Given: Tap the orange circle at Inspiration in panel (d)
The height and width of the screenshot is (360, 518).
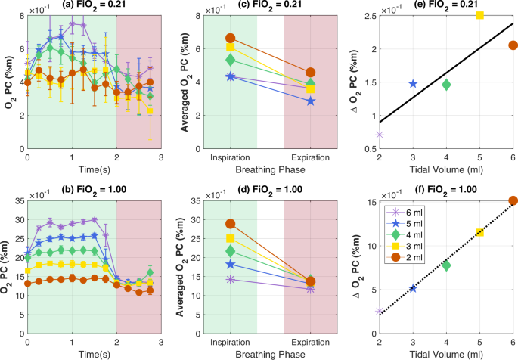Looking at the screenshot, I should (x=231, y=224).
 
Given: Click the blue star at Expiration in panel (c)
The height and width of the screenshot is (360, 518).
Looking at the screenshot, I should (x=310, y=101).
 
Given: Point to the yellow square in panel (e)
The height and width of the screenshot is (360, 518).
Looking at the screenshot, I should (x=479, y=15).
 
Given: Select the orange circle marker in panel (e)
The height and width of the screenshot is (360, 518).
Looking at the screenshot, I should (x=513, y=45).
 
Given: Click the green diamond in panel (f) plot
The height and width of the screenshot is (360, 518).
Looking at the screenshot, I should (x=446, y=265).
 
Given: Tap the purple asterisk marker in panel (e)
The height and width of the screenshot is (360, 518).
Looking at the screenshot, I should (x=380, y=135).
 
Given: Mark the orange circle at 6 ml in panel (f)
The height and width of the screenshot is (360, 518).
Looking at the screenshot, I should (x=513, y=201).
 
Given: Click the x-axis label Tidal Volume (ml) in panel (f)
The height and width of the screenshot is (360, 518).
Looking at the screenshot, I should (x=446, y=353).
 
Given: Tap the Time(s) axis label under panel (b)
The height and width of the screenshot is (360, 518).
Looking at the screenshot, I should (x=72, y=353).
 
